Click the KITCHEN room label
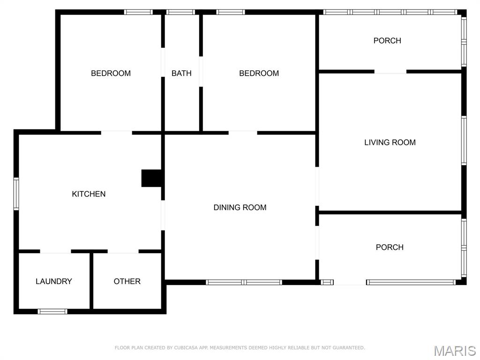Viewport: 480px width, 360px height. click(x=89, y=194)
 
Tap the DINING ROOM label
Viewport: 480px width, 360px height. click(x=240, y=207)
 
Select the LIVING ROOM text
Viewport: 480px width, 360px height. click(x=390, y=142)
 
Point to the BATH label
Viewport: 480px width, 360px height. click(x=181, y=73)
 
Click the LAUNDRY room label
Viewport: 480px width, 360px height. click(x=53, y=281)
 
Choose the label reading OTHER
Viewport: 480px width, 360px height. click(x=127, y=281)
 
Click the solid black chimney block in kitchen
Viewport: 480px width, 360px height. click(x=151, y=178)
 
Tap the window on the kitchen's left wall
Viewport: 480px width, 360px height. click(x=16, y=194)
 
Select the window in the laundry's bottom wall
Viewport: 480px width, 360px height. click(x=52, y=311)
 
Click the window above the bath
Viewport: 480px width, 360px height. click(x=180, y=12)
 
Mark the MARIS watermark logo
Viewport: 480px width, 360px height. click(x=454, y=351)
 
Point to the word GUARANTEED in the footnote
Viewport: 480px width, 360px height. click(x=348, y=348)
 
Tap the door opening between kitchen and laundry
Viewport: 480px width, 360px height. click(x=55, y=251)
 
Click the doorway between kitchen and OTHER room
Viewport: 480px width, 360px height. click(x=123, y=251)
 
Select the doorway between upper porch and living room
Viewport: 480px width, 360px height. click(x=390, y=72)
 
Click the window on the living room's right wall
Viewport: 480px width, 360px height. click(x=464, y=141)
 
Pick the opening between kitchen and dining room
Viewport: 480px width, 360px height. click(x=163, y=215)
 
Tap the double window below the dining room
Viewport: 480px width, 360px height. click(x=244, y=282)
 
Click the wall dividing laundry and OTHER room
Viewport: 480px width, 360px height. click(x=91, y=280)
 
